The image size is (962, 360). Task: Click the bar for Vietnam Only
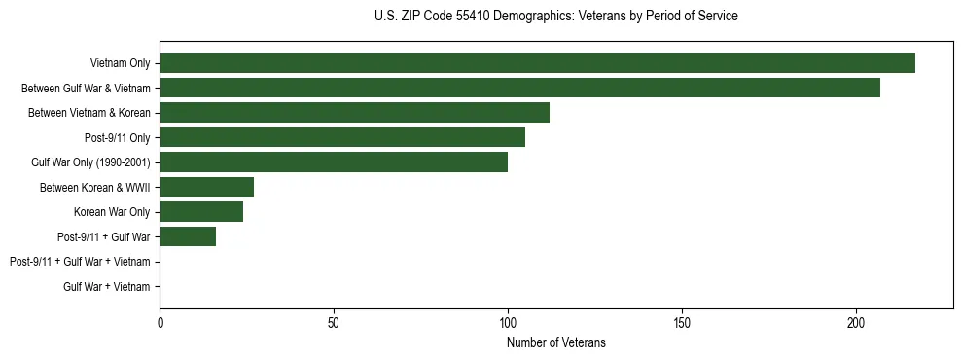537,62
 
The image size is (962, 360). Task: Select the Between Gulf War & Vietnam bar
519,88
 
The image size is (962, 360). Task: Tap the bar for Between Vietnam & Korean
354,112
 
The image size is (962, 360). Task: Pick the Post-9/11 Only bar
342,137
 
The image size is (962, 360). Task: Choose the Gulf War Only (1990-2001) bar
334,162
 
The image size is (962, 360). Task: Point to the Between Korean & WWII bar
206,187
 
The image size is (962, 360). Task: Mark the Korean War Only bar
201,212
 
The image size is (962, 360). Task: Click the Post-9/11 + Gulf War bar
188,236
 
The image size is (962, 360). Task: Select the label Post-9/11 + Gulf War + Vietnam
80,262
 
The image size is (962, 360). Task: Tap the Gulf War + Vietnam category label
107,287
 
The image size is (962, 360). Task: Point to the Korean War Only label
112,212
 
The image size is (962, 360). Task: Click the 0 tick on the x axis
160,322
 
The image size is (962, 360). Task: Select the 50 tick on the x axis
334,322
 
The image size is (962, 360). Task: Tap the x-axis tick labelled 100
508,322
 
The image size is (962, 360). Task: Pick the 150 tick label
682,322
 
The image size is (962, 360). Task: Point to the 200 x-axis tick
856,322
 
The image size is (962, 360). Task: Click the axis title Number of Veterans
555,342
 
